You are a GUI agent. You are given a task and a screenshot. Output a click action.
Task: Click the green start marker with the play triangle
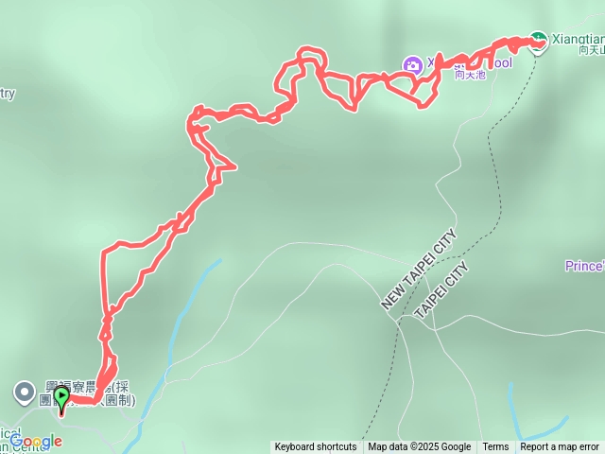[x=62, y=397]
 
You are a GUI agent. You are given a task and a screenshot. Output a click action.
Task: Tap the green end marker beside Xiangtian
[x=538, y=41]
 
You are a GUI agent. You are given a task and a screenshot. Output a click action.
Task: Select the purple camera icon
[x=412, y=64]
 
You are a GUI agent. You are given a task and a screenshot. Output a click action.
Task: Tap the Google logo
[x=36, y=442]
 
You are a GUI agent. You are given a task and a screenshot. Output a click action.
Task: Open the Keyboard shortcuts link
[x=316, y=447]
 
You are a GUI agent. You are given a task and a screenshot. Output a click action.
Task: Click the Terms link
[x=495, y=447]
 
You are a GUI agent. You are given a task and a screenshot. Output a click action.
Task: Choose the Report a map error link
[x=560, y=447]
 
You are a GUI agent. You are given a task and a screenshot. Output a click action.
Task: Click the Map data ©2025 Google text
[x=419, y=447]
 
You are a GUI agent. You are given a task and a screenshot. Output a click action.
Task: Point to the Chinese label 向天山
[x=591, y=50]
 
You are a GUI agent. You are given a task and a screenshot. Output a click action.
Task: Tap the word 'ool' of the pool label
[x=502, y=62]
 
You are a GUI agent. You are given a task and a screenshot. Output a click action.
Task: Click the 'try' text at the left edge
[x=8, y=93]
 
